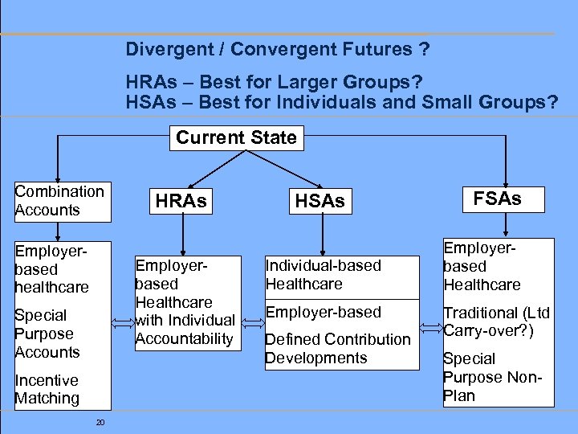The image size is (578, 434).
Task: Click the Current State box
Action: (x=236, y=137)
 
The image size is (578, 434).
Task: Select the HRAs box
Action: (x=181, y=201)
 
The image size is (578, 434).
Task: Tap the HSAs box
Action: (x=320, y=202)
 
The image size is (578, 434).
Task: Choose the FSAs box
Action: (x=498, y=199)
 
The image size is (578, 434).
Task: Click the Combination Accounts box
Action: (x=59, y=201)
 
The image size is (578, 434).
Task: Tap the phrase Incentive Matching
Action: (x=47, y=389)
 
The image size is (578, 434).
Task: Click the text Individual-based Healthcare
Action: (x=323, y=274)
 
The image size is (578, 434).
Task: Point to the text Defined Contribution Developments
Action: (x=337, y=348)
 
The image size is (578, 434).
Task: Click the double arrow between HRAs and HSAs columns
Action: (x=252, y=323)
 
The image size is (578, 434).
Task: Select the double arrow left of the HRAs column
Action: (x=123, y=323)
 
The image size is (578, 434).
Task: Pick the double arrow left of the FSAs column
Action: (x=431, y=323)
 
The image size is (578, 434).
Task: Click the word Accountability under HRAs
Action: (x=184, y=338)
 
